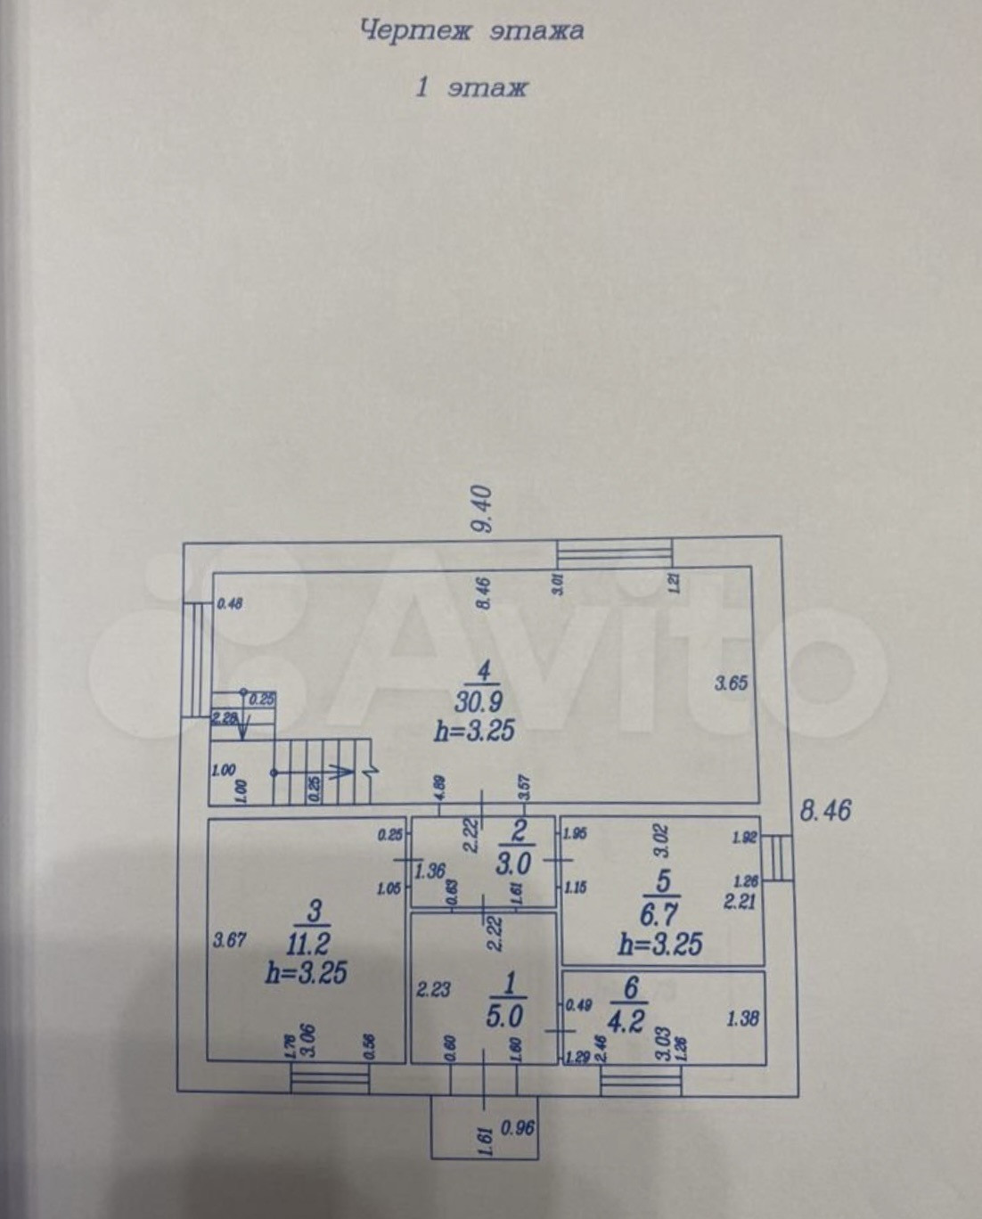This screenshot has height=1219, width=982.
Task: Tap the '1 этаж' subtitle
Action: [471, 87]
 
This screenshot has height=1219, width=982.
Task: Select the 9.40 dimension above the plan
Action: [482, 508]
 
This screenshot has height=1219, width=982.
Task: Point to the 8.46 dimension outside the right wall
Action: [825, 810]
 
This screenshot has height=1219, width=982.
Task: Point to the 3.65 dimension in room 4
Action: [731, 683]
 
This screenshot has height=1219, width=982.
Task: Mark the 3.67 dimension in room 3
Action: [229, 939]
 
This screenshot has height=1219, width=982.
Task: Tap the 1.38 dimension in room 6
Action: [742, 1017]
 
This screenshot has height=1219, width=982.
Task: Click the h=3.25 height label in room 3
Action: [306, 971]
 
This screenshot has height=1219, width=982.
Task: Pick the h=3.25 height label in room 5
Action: [659, 943]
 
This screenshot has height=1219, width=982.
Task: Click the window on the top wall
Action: [615, 553]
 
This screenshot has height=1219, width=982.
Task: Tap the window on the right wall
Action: [780, 858]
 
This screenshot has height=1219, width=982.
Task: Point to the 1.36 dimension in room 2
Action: [430, 871]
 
